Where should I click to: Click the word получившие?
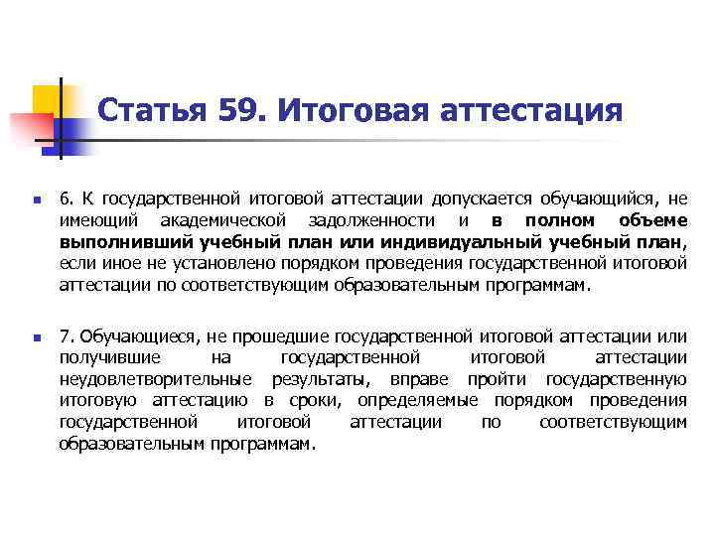tap(105, 359)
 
